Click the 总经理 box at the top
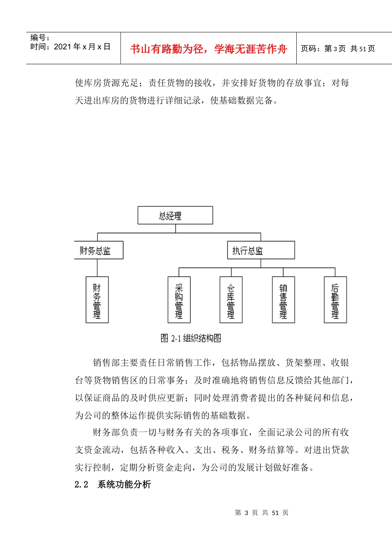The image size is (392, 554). tap(175, 215)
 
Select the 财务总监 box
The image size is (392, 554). tap(99, 250)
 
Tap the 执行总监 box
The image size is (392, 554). tap(261, 250)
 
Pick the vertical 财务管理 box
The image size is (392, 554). tap(97, 300)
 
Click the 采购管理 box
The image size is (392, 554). tap(179, 300)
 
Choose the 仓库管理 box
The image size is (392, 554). tap(231, 300)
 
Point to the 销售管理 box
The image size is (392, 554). tap(283, 300)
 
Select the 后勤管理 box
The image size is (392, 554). tap(335, 300)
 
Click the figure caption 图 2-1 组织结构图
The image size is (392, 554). tap(191, 338)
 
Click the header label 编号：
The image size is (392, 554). tap(40, 38)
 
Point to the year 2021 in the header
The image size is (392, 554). tap(63, 47)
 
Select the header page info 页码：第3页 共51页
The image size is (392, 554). tap(338, 49)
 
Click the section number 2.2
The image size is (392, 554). tap(81, 485)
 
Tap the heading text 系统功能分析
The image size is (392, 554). tap(124, 485)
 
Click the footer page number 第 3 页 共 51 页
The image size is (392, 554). tap(262, 513)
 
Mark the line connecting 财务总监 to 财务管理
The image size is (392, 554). tap(97, 268)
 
